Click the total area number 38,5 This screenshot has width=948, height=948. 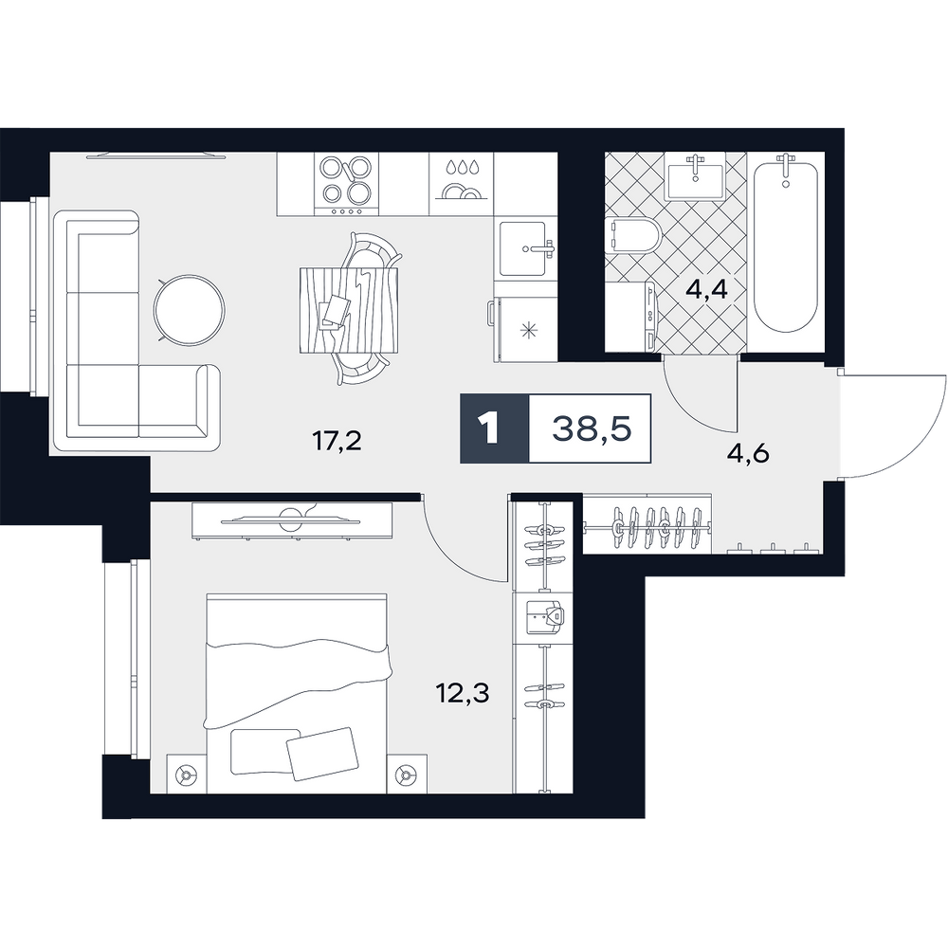click(x=592, y=428)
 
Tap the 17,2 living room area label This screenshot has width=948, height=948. click(x=337, y=442)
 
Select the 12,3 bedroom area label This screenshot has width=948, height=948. click(x=464, y=693)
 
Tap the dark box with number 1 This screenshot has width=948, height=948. click(x=495, y=428)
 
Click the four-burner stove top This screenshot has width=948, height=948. click(x=346, y=184)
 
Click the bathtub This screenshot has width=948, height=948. click(x=786, y=242)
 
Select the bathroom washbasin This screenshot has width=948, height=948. click(x=695, y=175)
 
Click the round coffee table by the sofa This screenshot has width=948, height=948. click(x=190, y=310)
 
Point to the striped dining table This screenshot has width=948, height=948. click(x=349, y=310)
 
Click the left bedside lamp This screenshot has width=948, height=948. click(x=186, y=774)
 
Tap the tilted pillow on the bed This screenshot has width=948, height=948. click(x=322, y=754)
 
